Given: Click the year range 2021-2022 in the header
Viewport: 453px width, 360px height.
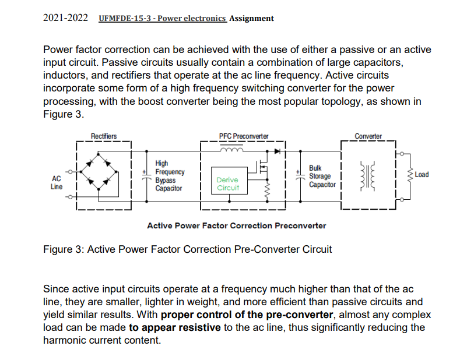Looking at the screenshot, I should [x=66, y=18].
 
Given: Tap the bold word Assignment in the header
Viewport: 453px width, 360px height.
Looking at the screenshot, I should [x=251, y=18].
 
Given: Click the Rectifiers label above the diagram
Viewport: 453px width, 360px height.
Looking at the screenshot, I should [x=104, y=136].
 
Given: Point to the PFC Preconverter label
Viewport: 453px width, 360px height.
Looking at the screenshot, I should [x=244, y=136].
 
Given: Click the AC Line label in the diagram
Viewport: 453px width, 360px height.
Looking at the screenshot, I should [x=57, y=182].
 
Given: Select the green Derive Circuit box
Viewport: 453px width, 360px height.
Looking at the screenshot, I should [x=228, y=185].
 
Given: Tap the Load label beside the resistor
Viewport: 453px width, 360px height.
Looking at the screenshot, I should [x=422, y=175].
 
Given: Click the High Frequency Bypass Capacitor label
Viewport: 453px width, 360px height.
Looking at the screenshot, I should [x=170, y=176].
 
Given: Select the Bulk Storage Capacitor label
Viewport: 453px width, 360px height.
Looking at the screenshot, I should [x=322, y=176].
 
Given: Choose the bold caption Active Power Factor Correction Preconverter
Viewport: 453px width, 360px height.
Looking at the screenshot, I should [x=236, y=225].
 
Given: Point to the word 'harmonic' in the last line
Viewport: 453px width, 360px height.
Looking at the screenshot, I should [x=67, y=340].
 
